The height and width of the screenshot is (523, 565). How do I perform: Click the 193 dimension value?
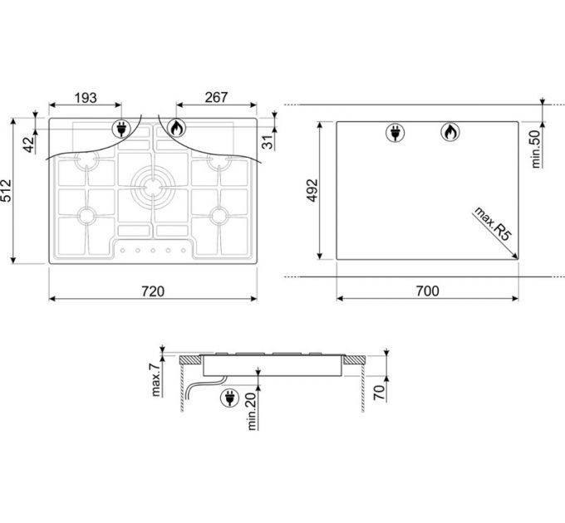[x=86, y=98]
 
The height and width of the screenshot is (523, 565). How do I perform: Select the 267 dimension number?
[x=216, y=97]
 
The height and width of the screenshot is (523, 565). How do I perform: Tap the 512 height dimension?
[x=6, y=190]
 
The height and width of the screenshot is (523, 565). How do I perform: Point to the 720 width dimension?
[x=153, y=291]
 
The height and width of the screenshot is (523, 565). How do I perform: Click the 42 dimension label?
[x=30, y=144]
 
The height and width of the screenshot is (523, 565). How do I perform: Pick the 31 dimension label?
[x=268, y=143]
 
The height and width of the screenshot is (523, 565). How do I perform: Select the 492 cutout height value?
[x=312, y=190]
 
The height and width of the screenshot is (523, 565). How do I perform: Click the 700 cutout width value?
[x=428, y=291]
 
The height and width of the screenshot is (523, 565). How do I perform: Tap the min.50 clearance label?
[x=536, y=149]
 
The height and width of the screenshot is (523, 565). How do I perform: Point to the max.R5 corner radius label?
[x=493, y=223]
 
